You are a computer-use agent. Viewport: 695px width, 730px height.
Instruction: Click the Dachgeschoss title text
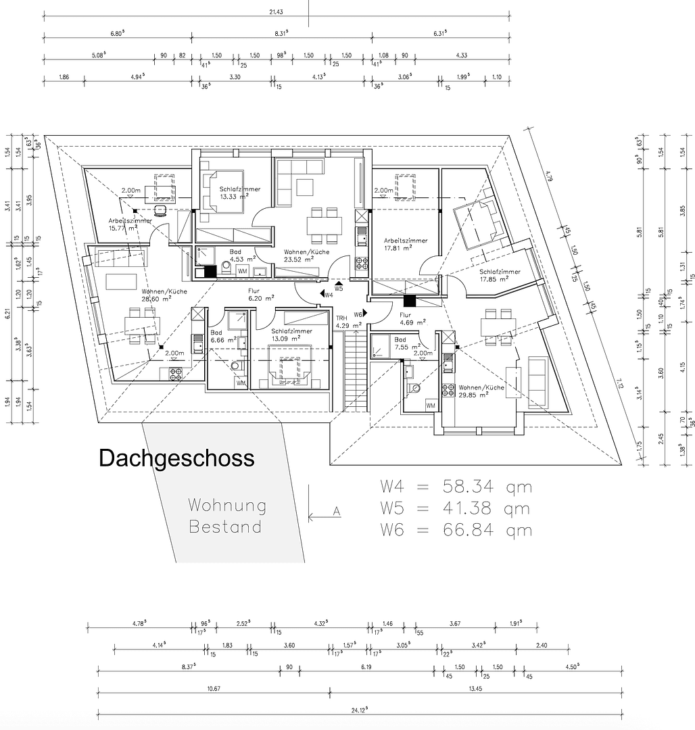click(x=176, y=458)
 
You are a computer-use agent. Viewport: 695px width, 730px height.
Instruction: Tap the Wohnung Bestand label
click(x=227, y=516)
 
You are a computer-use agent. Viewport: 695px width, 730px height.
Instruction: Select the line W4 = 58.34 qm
click(x=456, y=487)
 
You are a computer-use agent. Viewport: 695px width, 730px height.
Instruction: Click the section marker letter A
click(x=337, y=512)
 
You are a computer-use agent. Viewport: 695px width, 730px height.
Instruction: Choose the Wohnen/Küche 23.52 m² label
click(x=307, y=255)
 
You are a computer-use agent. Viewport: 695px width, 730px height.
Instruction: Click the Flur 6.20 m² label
click(x=260, y=294)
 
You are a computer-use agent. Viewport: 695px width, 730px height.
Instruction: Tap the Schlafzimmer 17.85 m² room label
click(x=500, y=276)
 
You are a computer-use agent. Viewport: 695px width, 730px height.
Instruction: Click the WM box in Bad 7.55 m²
click(x=431, y=405)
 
